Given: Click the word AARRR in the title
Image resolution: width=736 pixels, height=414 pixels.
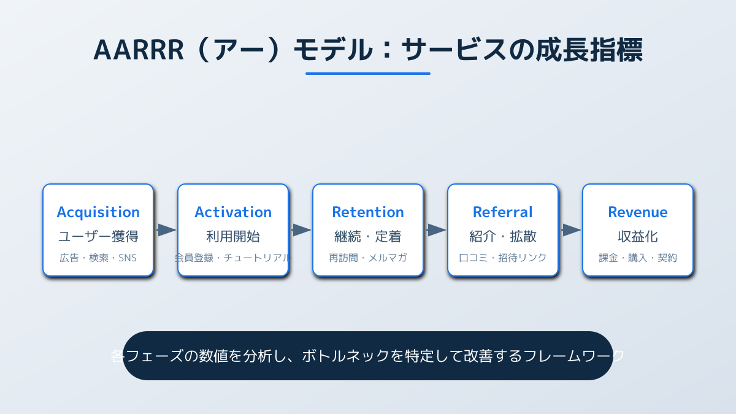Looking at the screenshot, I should [139, 50].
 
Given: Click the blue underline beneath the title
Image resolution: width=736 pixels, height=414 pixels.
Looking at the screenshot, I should [368, 74].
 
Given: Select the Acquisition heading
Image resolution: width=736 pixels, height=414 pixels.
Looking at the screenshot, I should [98, 212].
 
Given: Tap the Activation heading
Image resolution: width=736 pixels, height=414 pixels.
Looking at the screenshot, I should [233, 212].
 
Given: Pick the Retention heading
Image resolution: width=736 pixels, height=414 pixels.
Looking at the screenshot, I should [368, 212].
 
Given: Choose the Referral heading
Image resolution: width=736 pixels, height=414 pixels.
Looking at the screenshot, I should [503, 212].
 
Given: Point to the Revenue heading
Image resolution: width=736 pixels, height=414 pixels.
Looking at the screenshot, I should [638, 212].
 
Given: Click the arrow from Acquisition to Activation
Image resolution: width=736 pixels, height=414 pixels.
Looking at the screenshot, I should [166, 230].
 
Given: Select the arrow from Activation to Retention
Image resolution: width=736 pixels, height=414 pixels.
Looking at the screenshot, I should [301, 230].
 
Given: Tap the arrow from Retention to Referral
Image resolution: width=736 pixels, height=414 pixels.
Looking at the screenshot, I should [436, 230].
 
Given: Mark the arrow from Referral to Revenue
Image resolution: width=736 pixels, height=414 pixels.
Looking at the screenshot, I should [571, 230].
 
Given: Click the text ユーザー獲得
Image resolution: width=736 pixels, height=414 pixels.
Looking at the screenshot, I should [98, 237].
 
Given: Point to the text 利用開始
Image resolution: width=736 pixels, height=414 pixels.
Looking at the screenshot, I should [233, 237].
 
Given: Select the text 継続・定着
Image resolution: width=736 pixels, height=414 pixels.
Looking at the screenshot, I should [368, 237].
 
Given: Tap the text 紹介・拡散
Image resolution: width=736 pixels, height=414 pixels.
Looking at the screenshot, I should [503, 237].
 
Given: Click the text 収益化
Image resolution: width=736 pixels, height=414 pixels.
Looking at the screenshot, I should [638, 237].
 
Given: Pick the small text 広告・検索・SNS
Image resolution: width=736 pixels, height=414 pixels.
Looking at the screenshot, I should [98, 258].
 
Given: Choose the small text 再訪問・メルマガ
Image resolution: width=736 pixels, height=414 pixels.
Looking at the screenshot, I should [368, 258].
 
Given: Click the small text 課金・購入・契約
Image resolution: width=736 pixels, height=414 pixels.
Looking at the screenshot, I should [638, 258].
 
